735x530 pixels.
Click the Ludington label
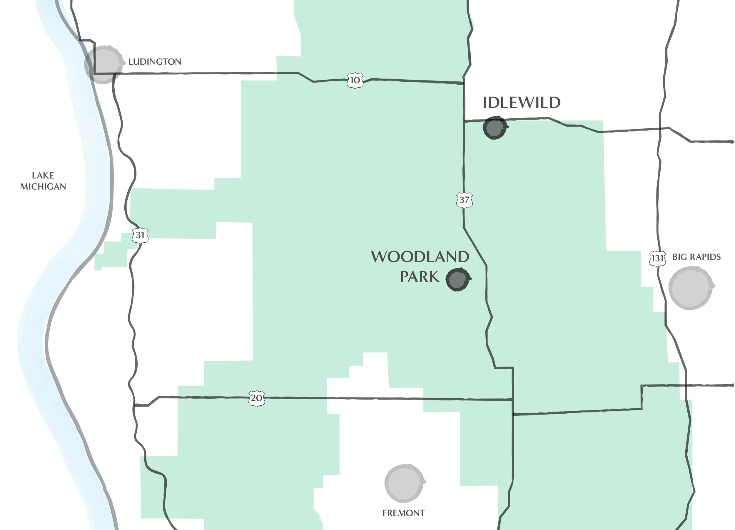(155, 62)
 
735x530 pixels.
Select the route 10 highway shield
(355, 80)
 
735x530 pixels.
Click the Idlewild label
(522, 103)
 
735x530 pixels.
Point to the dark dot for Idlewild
(495, 128)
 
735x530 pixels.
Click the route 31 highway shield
(140, 235)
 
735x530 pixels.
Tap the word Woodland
(420, 257)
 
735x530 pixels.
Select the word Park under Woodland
(420, 277)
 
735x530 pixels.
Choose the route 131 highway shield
(658, 258)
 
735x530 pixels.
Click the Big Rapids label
(696, 257)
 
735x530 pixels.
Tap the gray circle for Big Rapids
(691, 288)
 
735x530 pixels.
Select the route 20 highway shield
(257, 398)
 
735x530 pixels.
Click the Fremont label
(403, 513)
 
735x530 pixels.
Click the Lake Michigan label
(43, 181)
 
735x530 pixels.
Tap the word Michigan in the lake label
(43, 187)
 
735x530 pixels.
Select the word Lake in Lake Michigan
(43, 175)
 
